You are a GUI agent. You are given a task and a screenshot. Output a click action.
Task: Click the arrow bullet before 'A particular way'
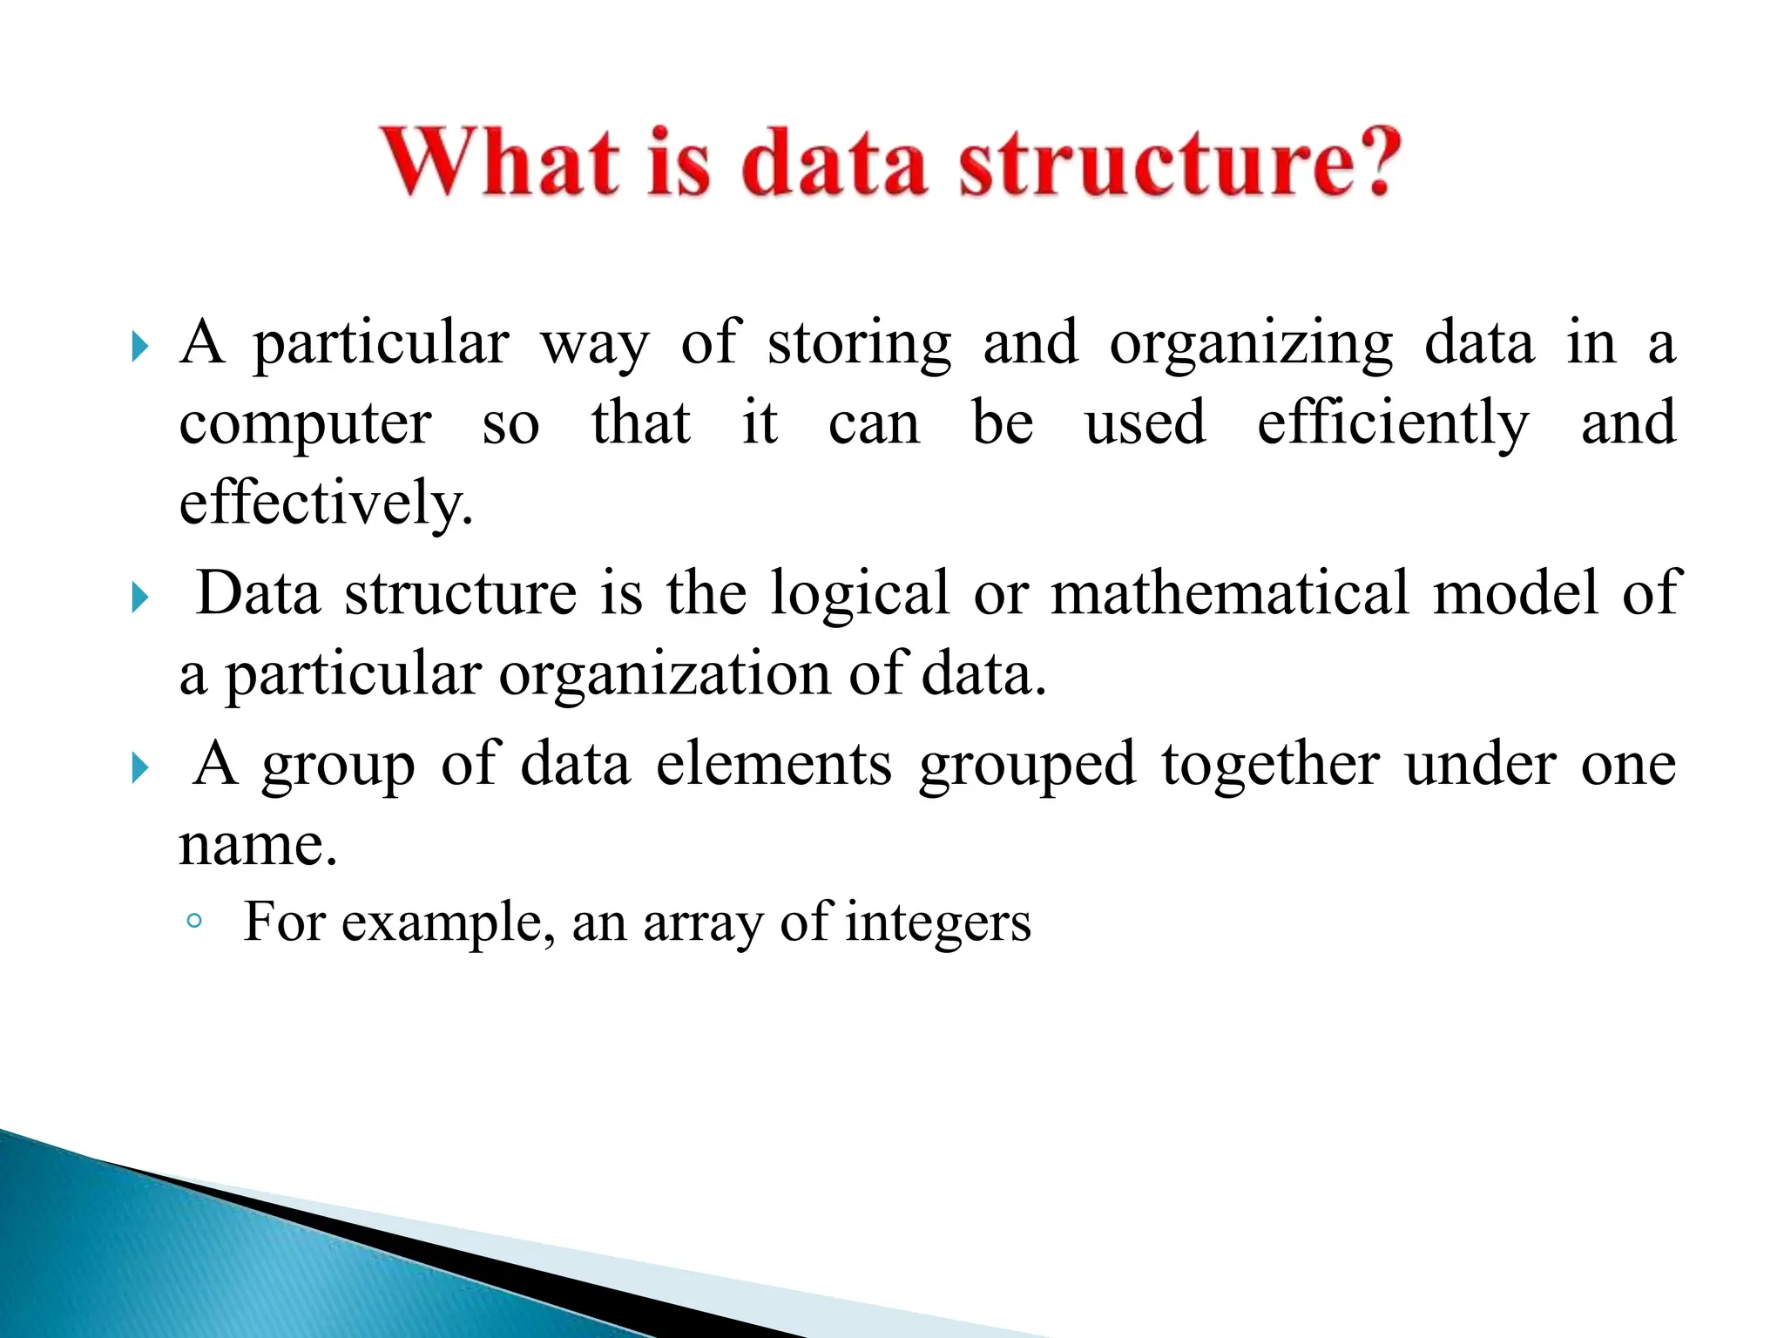(x=139, y=347)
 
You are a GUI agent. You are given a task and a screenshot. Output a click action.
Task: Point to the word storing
(x=859, y=344)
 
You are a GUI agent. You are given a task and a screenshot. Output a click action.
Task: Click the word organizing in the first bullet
(x=1251, y=344)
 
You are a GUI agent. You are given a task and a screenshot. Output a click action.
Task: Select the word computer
(x=305, y=425)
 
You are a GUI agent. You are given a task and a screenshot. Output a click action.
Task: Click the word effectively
(x=326, y=503)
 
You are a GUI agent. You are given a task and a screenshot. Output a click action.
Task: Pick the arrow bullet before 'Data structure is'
(x=139, y=598)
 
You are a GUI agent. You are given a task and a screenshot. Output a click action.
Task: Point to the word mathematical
(x=1229, y=593)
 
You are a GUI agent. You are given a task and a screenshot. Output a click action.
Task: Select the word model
(x=1515, y=593)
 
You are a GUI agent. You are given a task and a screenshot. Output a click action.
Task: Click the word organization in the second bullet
(x=665, y=675)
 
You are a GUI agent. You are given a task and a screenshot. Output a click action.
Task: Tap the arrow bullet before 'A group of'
(x=139, y=768)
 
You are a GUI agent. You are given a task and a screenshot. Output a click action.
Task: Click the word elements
(x=774, y=764)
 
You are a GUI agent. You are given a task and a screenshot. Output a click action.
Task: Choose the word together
(x=1270, y=766)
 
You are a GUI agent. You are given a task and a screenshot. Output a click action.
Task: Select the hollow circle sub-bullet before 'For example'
(x=194, y=922)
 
